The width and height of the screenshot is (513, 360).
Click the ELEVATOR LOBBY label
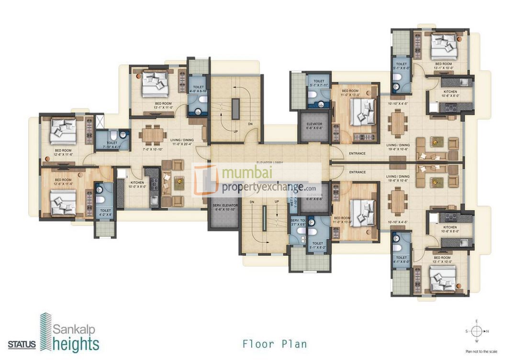[269, 163]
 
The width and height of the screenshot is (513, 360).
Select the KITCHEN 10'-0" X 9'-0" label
[136, 185]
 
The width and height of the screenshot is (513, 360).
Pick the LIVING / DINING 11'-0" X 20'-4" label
[182, 142]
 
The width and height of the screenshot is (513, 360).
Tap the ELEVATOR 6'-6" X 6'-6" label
[314, 126]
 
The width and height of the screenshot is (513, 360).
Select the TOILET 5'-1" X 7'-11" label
[317, 83]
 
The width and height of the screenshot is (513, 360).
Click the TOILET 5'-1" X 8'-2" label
[317, 245]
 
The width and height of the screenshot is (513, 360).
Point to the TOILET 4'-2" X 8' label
[105, 212]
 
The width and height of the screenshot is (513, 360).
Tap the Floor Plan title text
[274, 344]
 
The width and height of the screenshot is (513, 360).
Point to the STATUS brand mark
[22, 344]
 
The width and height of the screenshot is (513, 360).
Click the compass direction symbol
[477, 330]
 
